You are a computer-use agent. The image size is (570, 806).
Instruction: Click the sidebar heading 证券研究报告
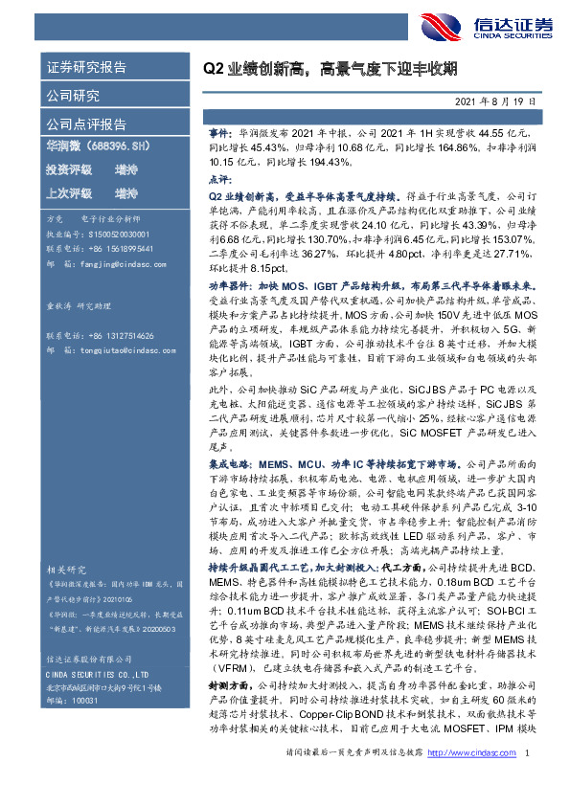tap(86, 68)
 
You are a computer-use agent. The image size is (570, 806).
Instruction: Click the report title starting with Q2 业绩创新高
tap(329, 68)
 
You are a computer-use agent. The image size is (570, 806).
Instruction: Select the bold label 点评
tap(220, 179)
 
